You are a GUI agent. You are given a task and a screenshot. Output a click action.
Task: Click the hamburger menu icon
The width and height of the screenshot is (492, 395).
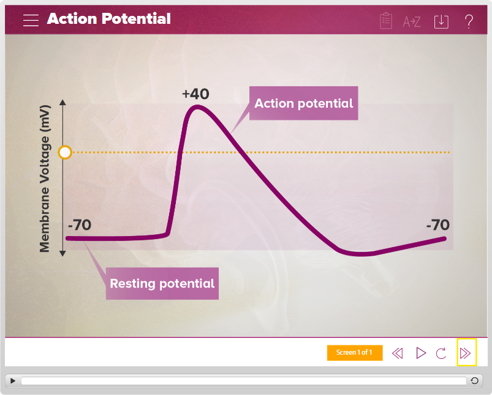coord(31,20)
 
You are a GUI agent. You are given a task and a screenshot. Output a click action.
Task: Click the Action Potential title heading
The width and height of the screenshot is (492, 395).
coord(108,18)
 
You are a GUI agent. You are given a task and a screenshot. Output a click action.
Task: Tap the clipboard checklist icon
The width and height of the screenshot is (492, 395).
coord(385,21)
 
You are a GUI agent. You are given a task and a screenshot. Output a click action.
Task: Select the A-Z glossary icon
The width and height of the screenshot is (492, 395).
coord(411,21)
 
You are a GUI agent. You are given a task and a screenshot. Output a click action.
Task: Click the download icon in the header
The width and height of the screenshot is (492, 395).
coord(441,21)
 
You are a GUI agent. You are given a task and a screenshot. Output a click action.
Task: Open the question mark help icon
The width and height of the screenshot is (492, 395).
coord(469,21)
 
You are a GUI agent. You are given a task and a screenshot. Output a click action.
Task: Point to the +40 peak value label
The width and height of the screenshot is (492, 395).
coord(195,94)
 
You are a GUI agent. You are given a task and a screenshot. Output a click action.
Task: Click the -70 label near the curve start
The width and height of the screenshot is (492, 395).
coord(80,224)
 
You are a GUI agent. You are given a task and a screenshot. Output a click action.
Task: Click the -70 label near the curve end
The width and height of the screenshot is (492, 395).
coord(437,224)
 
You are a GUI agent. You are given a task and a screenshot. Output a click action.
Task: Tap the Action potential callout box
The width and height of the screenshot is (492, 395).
coord(303,103)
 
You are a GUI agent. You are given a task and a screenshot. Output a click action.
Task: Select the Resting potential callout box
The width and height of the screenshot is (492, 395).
coord(162,283)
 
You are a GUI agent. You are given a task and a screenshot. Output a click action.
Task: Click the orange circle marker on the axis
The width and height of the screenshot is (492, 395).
coord(65,152)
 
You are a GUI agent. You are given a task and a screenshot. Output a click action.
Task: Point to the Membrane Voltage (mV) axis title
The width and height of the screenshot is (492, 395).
coord(45,179)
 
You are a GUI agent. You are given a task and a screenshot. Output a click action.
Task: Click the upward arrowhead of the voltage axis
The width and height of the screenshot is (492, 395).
coord(62,102)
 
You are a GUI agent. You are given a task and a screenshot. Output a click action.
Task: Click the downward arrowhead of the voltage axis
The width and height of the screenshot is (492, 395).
coord(62,253)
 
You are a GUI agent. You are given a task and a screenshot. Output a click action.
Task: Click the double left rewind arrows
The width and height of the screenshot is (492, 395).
coord(397,353)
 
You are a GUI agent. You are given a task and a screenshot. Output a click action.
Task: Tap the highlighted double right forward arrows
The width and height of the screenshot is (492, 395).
coord(466,353)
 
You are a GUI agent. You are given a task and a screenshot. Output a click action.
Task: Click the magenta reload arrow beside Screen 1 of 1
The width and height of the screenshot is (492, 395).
coord(441,353)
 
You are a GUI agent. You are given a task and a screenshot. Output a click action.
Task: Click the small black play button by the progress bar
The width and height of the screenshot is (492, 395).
coord(13,380)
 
